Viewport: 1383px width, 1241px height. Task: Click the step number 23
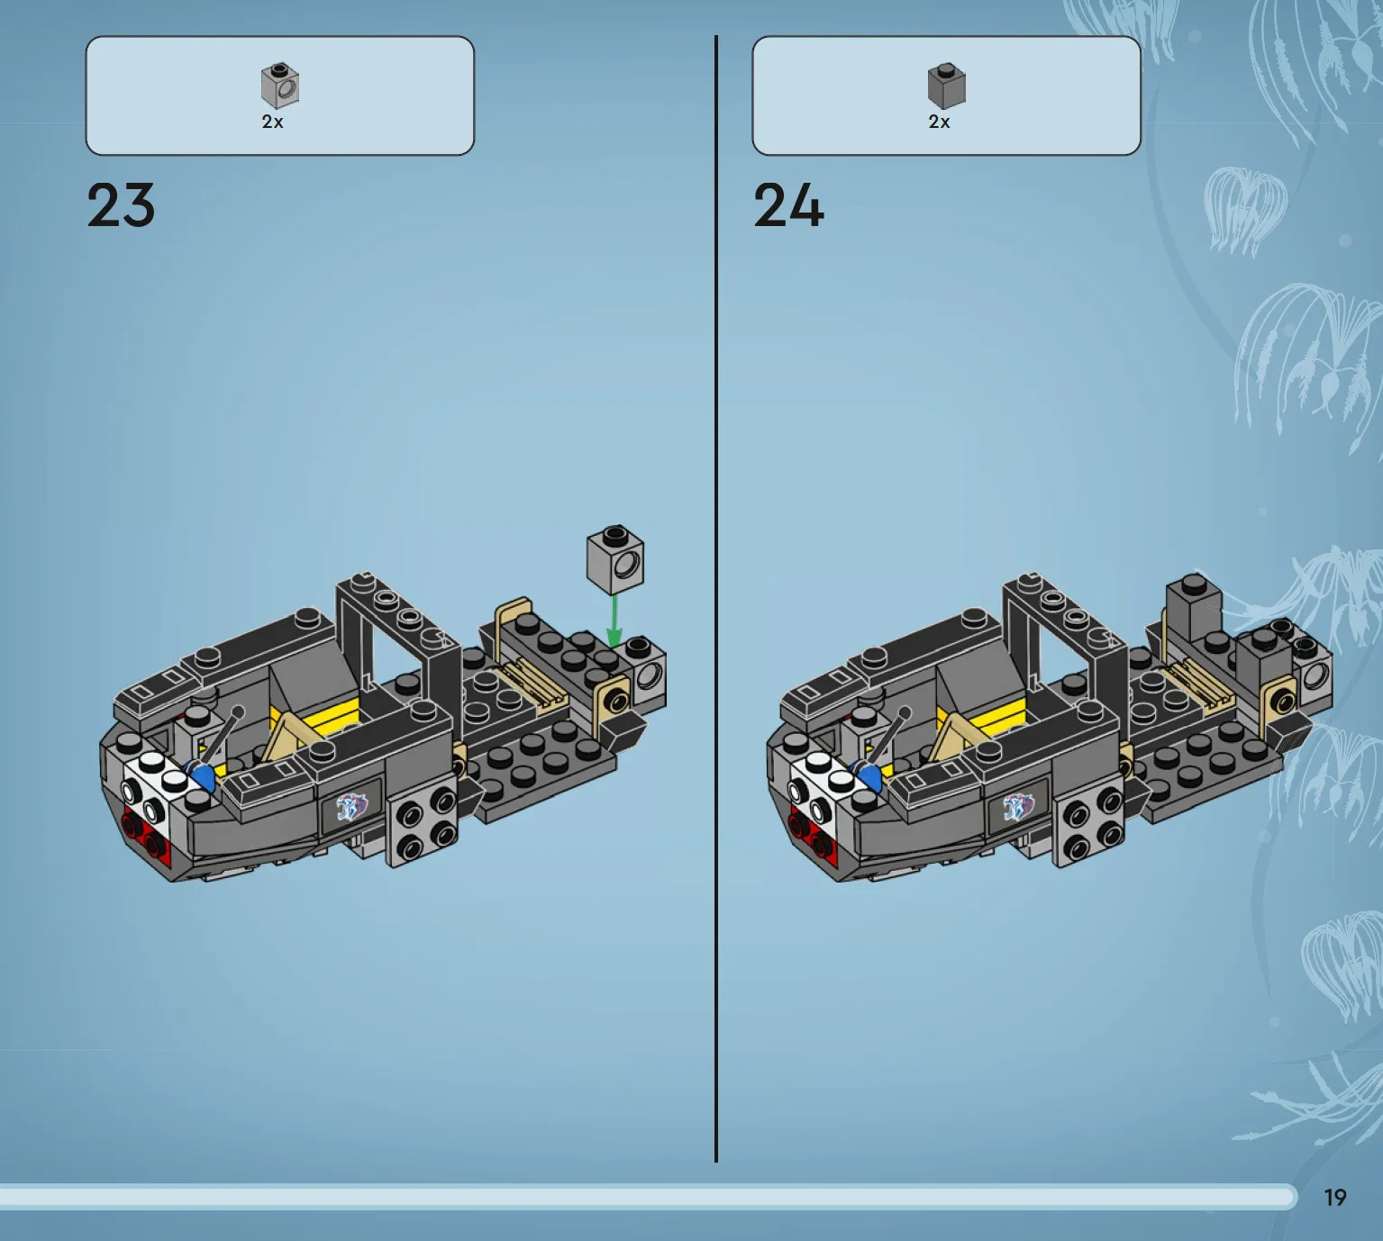click(x=121, y=205)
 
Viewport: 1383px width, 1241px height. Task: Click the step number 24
click(x=788, y=205)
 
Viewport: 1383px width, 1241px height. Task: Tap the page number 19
click(x=1335, y=1198)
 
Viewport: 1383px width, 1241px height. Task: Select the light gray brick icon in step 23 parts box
click(x=280, y=86)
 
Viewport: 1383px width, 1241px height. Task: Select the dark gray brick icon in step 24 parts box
click(x=947, y=86)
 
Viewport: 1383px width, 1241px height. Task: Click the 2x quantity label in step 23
click(x=272, y=122)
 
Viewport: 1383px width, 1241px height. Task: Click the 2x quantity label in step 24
click(x=940, y=122)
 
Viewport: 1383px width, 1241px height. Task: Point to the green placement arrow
click(x=614, y=620)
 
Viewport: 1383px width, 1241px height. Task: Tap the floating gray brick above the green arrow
click(x=615, y=558)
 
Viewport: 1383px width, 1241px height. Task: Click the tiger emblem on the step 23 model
click(x=352, y=808)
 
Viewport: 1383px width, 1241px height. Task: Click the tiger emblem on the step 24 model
click(x=1018, y=808)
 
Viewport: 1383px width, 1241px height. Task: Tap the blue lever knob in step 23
click(x=203, y=777)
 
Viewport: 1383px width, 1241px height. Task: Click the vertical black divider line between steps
click(x=716, y=598)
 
